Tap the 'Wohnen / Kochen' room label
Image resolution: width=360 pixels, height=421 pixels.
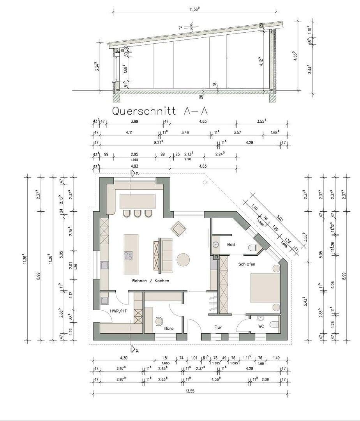click(x=150, y=281)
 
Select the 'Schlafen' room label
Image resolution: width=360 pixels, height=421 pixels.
click(x=247, y=264)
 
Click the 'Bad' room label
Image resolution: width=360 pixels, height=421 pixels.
click(x=231, y=244)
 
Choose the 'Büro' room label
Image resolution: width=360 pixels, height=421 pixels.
click(x=169, y=329)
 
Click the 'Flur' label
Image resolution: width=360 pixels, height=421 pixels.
click(x=218, y=327)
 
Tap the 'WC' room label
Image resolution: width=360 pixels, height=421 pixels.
click(x=261, y=326)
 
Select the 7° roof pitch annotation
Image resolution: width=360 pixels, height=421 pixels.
click(x=180, y=28)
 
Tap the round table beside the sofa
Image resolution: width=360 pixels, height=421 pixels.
click(x=183, y=260)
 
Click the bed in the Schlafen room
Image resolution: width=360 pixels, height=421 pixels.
click(x=265, y=288)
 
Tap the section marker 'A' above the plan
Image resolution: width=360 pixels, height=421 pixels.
click(x=135, y=173)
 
